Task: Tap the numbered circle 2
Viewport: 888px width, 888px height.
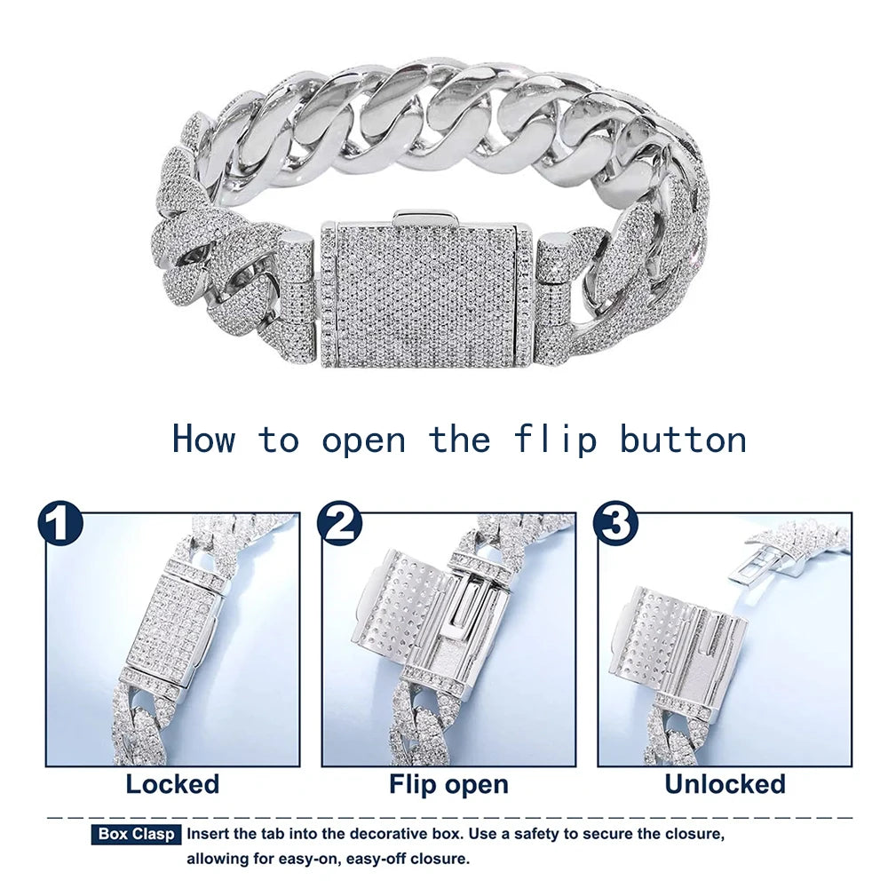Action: point(339,524)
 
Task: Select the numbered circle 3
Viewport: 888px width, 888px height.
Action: point(615,523)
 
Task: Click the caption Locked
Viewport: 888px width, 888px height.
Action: point(172,784)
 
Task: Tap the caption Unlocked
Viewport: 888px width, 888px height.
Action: point(725,784)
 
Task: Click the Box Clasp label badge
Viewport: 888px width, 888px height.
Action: point(136,834)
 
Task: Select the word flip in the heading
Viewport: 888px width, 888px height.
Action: point(556,439)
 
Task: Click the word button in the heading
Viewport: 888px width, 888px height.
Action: point(684,439)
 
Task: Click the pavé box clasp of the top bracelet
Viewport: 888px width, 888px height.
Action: point(426,295)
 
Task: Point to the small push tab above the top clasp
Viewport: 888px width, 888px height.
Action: point(426,217)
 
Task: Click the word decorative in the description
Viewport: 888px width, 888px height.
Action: point(385,834)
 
